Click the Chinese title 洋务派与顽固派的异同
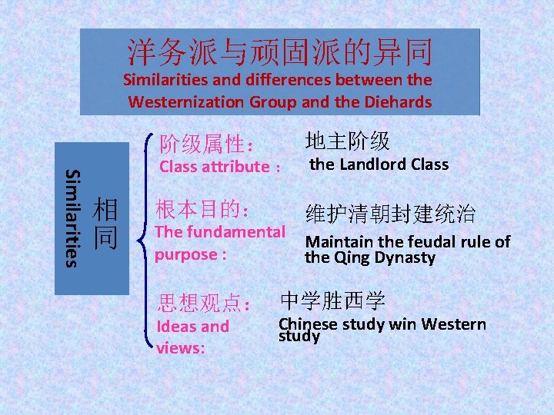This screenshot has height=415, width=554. point(280,52)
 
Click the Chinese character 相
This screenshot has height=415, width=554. point(105,209)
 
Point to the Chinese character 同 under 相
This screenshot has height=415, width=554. point(105,237)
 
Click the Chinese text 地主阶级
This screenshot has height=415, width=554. point(347,141)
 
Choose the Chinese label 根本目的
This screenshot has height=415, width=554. point(197,209)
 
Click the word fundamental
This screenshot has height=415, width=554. point(241,232)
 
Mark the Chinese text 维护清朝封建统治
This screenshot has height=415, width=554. point(390,214)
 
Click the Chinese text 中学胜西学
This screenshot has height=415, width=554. point(332,300)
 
